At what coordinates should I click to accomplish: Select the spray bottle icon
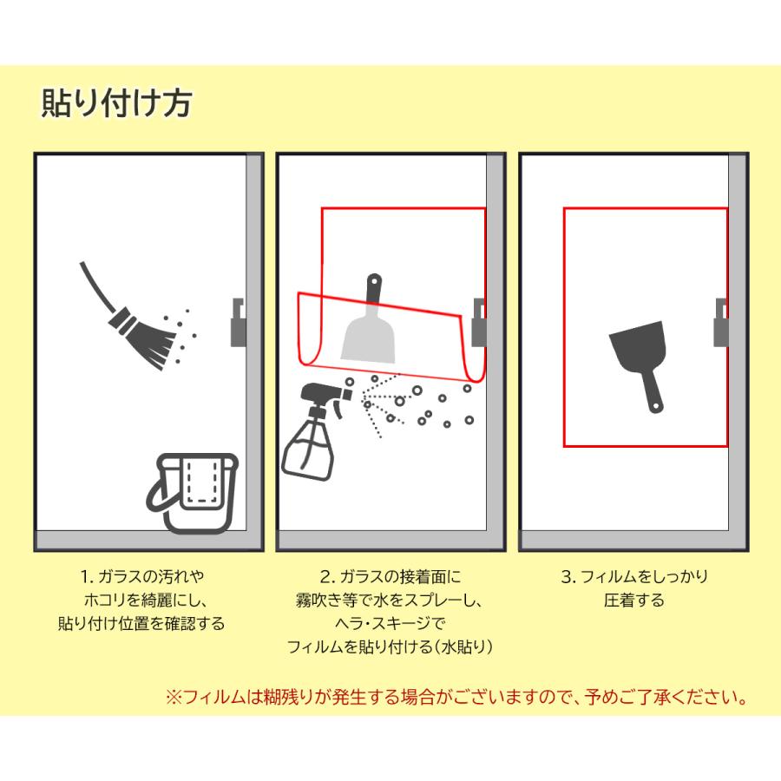click(314, 434)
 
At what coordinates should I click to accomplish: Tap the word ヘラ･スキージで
click(389, 623)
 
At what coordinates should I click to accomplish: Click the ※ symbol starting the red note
click(172, 696)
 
